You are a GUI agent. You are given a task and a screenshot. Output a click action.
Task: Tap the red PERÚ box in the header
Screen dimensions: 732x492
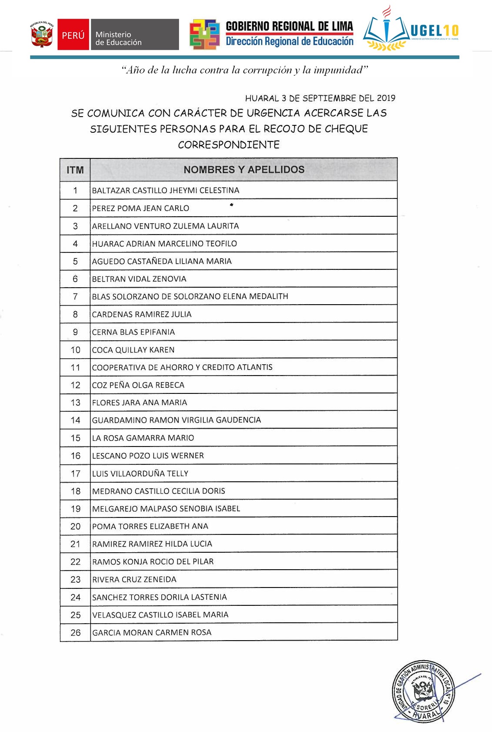point(73,35)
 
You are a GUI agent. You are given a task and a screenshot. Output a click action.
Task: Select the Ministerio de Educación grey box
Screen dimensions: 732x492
point(134,35)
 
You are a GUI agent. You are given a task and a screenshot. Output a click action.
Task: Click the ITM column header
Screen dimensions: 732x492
point(75,170)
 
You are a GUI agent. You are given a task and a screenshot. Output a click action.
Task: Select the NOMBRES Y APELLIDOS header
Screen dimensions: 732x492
point(244,170)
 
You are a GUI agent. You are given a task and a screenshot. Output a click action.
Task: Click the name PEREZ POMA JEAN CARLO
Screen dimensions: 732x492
point(140,208)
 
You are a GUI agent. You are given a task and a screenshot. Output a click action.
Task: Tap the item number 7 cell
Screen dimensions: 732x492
point(75,297)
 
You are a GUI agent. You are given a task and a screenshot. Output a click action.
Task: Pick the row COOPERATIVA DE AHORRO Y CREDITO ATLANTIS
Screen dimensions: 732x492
point(182,367)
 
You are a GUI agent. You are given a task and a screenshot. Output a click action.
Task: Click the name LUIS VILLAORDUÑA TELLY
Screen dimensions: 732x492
point(140,473)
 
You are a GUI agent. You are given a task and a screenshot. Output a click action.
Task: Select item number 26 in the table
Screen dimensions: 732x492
point(75,633)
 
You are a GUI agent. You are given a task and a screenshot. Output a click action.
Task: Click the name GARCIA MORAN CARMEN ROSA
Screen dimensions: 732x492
point(152,632)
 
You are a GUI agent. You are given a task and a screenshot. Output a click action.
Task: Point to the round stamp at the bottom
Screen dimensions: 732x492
point(424,692)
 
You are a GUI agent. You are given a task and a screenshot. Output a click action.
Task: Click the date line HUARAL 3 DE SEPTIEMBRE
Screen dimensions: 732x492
point(320,98)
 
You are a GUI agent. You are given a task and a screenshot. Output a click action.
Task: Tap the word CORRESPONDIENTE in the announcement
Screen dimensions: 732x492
point(229,144)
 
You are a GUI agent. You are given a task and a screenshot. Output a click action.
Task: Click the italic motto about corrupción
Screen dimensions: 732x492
point(245,70)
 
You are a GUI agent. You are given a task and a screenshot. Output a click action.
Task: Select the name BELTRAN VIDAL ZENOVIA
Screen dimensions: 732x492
point(139,279)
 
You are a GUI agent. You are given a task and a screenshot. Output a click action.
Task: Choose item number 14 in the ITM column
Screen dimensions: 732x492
point(75,420)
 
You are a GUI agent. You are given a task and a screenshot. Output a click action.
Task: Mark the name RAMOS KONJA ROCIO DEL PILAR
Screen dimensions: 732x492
point(153,561)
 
